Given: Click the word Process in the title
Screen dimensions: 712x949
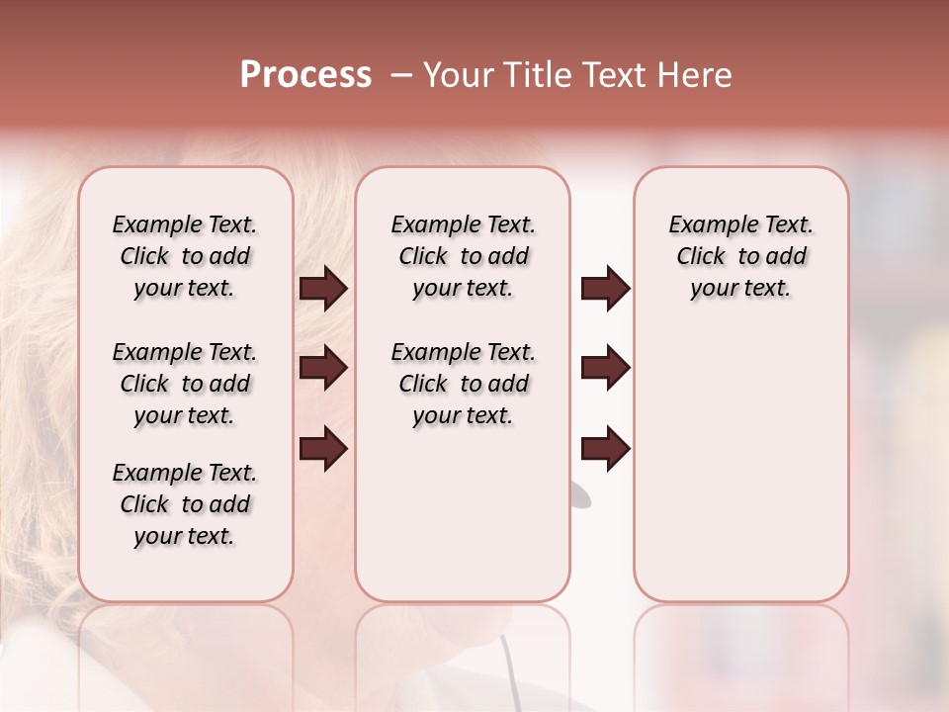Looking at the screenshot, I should (x=305, y=75).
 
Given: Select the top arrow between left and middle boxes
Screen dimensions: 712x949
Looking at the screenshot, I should (x=323, y=289).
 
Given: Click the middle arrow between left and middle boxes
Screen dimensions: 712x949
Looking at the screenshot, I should (x=323, y=369).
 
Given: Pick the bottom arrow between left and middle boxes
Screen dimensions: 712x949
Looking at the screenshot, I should (x=323, y=449).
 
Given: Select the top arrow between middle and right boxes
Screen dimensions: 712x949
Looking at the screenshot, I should (x=605, y=289).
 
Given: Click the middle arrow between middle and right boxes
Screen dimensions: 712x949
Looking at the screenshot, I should (x=605, y=369).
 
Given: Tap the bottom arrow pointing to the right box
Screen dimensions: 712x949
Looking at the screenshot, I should (x=605, y=449).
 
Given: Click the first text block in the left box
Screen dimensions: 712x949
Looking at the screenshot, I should (x=185, y=256).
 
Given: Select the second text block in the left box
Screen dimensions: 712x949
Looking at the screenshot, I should (x=185, y=384).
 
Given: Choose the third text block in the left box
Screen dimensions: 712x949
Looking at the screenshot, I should (x=185, y=504).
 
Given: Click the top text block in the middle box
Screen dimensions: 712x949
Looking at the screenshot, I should (x=463, y=256).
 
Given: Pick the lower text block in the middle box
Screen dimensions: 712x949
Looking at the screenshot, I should (x=463, y=384).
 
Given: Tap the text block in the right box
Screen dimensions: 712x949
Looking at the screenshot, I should (x=741, y=256).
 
